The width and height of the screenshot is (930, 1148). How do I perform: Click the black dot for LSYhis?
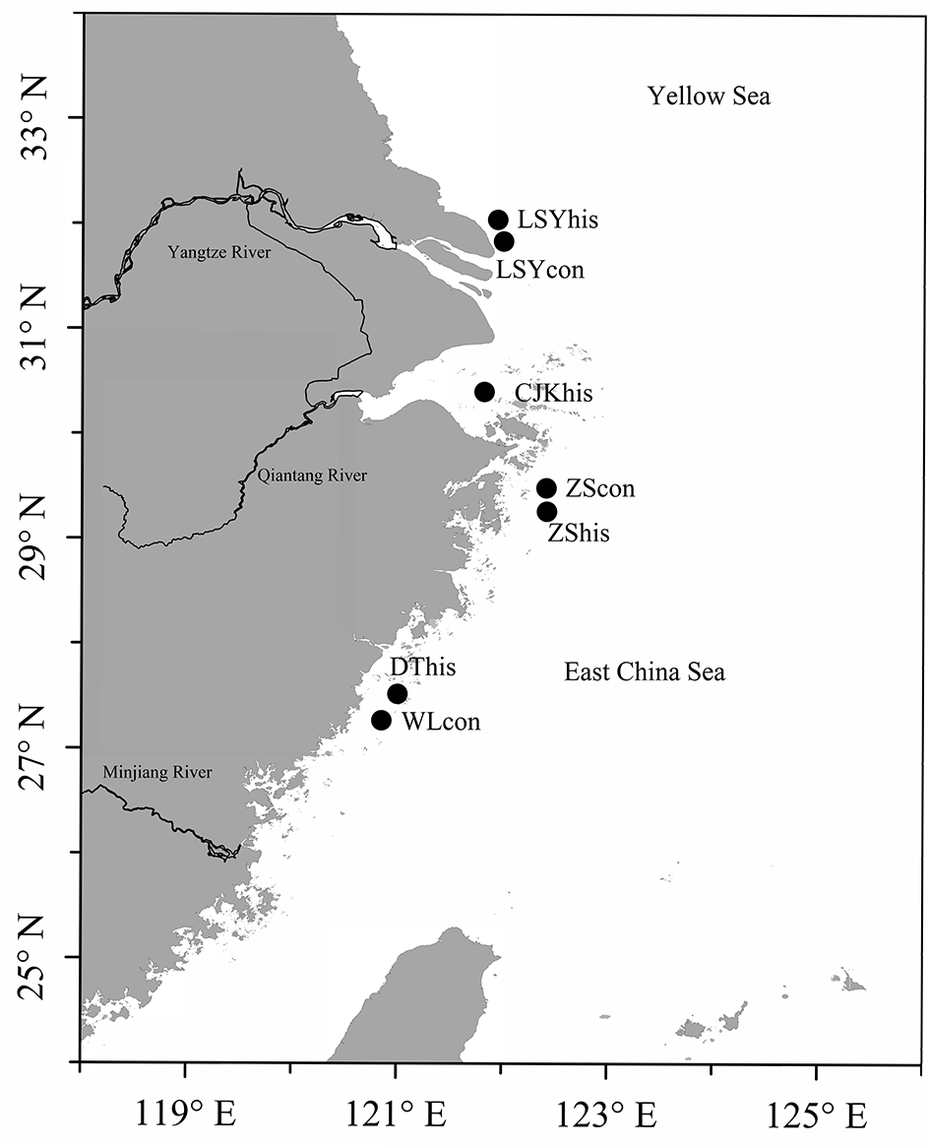[x=498, y=220]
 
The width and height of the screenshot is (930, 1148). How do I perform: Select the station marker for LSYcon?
[x=504, y=241]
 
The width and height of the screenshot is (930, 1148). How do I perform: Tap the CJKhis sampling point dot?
[x=484, y=392]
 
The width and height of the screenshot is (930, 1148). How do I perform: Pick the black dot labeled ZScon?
[x=546, y=488]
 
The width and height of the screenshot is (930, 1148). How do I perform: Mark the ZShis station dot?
[x=546, y=511]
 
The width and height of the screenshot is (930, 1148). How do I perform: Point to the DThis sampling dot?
[x=398, y=694]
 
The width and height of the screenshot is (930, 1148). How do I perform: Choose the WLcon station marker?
[x=381, y=720]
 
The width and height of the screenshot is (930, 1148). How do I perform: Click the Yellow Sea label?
[x=708, y=96]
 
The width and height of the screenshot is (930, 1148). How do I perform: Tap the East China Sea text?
[x=644, y=673]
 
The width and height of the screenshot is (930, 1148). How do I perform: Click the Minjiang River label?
[x=156, y=772]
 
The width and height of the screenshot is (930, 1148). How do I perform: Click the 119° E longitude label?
[x=185, y=1117]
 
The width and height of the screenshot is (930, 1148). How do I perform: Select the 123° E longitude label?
[x=605, y=1117]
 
